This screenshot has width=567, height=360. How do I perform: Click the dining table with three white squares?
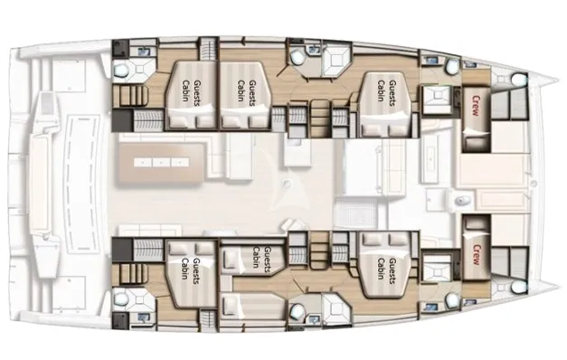point(161,163)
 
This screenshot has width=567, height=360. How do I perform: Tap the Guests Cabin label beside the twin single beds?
point(261,257)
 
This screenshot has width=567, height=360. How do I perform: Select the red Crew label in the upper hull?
point(476,106)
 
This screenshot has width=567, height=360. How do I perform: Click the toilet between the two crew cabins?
point(463,200)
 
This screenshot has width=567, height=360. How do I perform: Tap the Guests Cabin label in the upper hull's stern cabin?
point(192,90)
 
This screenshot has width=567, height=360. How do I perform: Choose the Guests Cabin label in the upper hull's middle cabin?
point(247,90)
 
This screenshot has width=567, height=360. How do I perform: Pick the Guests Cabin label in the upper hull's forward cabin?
point(386,90)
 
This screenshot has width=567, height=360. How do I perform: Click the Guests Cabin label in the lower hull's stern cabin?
point(191,269)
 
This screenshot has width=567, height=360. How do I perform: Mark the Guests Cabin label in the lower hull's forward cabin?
point(386,269)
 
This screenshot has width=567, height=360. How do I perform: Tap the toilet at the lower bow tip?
point(518,287)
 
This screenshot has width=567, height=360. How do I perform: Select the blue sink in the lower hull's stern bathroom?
point(145,317)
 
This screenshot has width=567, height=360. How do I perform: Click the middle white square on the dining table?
point(161,163)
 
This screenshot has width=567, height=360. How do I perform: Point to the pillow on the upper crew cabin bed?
point(477,137)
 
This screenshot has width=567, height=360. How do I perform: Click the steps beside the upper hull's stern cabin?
point(130,95)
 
